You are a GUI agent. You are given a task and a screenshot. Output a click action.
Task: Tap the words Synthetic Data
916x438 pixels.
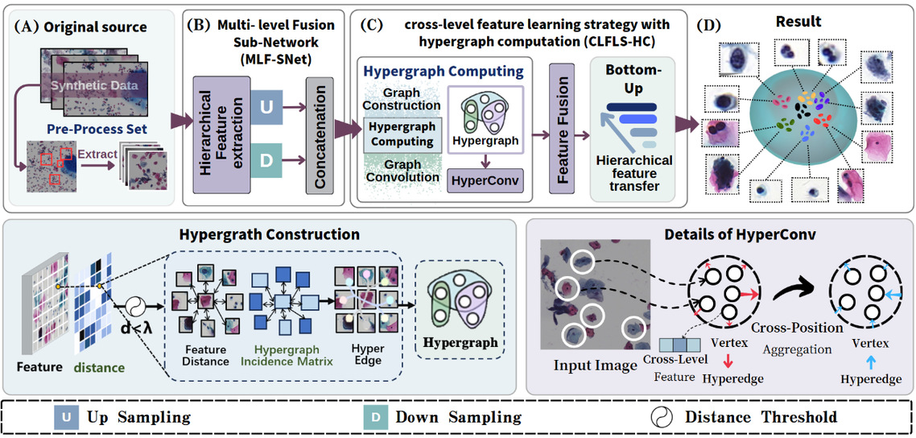pyautogui.click(x=95, y=85)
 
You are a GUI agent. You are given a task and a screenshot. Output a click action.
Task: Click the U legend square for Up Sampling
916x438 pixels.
pyautogui.click(x=67, y=418)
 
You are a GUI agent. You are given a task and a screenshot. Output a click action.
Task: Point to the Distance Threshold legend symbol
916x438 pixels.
pyautogui.click(x=662, y=418)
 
